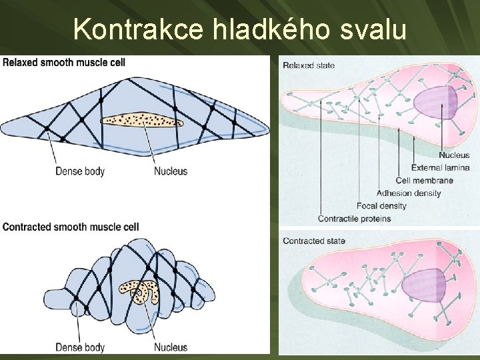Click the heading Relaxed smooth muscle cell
tap(64, 63)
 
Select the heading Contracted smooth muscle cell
tap(71, 227)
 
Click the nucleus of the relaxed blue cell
tap(141, 121)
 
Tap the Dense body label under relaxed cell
tap(80, 171)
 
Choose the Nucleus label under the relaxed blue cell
tap(171, 171)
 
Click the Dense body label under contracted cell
tap(80, 347)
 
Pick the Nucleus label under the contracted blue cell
tap(171, 347)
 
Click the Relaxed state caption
tap(309, 65)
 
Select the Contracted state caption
tap(313, 241)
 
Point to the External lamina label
tap(441, 167)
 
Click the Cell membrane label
tap(424, 180)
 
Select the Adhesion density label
tap(409, 193)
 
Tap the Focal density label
tap(382, 206)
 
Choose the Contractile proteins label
tap(355, 219)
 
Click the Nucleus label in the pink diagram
tap(454, 155)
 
